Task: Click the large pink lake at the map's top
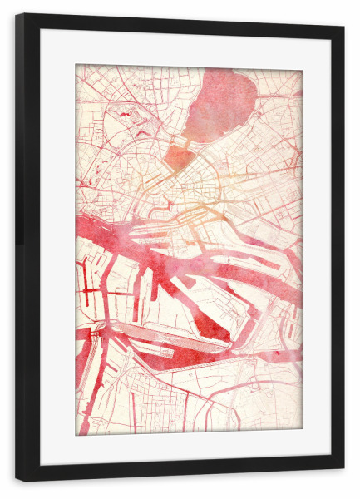(x=220, y=104)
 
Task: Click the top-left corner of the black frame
(x=17, y=14)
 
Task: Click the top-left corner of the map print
(x=76, y=65)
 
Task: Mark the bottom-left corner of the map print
(x=76, y=435)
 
